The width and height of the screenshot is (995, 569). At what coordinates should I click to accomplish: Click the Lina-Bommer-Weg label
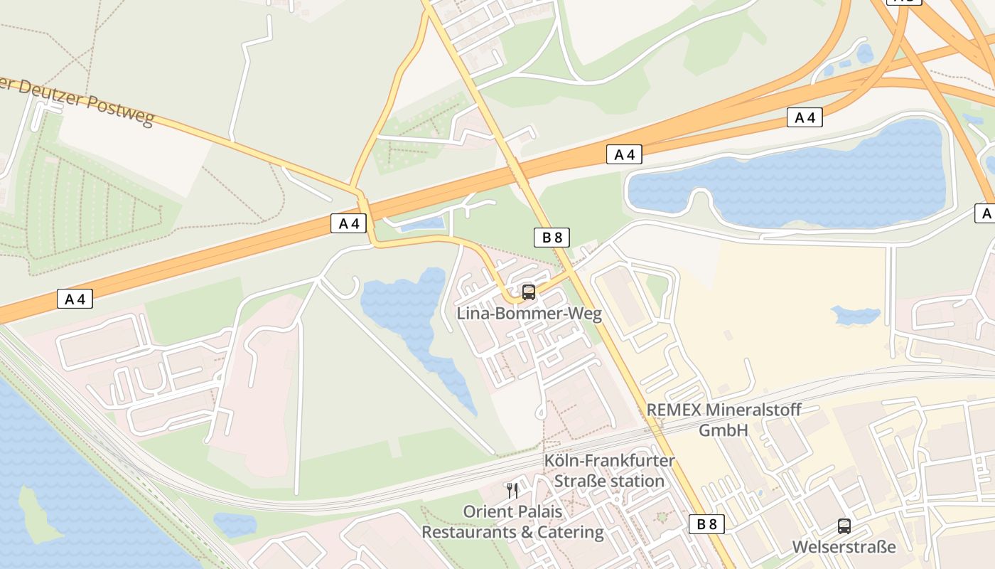(x=529, y=314)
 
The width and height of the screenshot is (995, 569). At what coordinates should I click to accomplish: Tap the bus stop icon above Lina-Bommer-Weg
(x=528, y=292)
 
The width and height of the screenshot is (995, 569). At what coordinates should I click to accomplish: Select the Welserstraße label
(x=844, y=547)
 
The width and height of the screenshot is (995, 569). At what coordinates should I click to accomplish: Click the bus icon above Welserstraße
(x=844, y=526)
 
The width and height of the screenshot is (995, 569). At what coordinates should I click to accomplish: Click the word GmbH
(x=724, y=430)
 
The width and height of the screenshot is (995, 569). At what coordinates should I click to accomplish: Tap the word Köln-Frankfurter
(x=609, y=460)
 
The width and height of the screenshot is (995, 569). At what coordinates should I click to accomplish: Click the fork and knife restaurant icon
(x=512, y=490)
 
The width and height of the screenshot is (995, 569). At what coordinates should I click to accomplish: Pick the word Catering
(x=571, y=532)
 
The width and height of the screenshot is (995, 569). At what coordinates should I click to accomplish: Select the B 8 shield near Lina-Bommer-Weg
(x=552, y=238)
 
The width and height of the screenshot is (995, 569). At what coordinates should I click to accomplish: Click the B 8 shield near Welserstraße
(x=706, y=525)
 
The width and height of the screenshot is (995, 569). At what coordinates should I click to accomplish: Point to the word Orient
(x=484, y=511)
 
